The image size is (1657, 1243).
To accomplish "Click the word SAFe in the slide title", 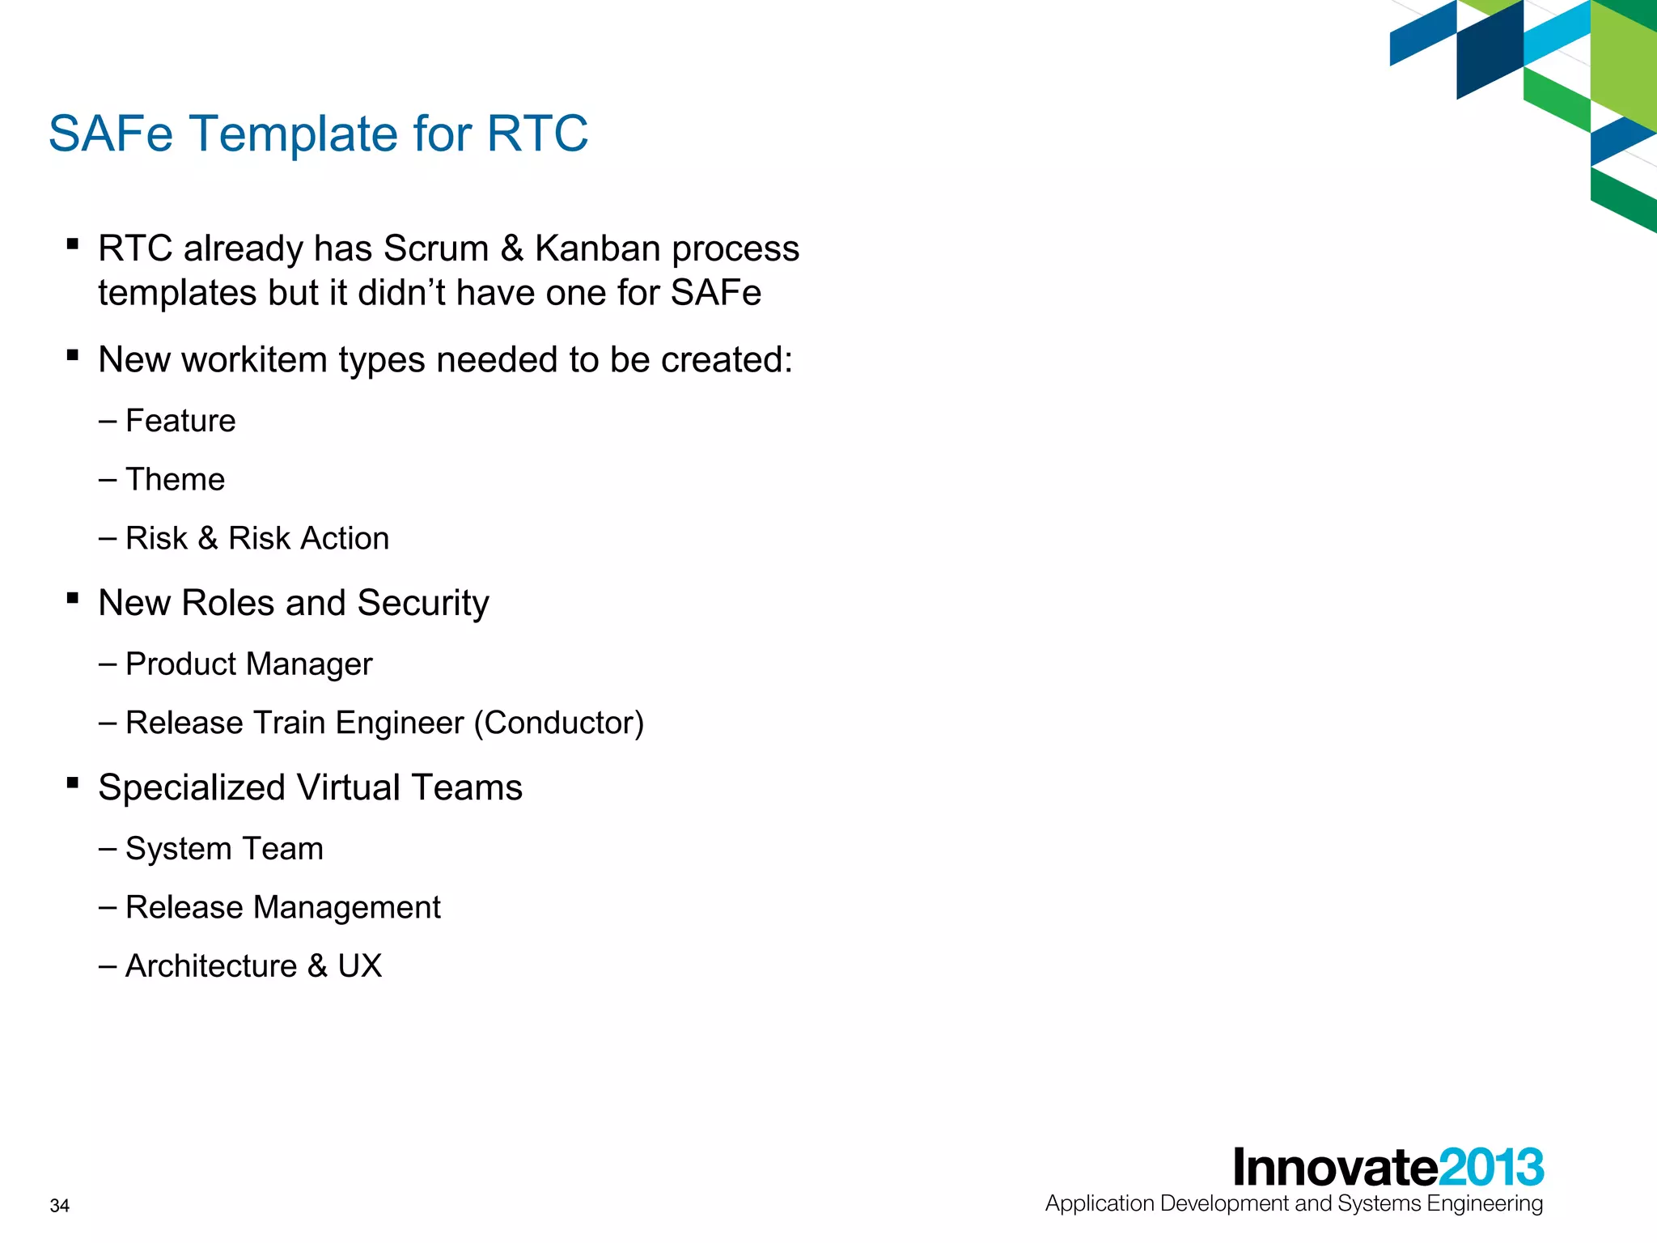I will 111,134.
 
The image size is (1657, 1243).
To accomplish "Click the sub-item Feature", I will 180,421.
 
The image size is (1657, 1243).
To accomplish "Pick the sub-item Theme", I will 175,480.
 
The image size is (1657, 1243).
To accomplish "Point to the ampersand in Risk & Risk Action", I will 207,539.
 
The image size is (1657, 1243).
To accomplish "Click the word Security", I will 423,604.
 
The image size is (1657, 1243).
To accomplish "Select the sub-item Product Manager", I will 248,664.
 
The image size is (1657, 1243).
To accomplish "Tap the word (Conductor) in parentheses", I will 558,723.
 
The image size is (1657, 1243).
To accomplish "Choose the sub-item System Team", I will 224,849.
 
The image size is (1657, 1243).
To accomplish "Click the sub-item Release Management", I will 282,908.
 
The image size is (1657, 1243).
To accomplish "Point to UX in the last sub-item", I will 359,966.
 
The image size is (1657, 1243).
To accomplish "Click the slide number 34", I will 60,1206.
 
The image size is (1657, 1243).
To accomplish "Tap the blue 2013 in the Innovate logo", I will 1491,1168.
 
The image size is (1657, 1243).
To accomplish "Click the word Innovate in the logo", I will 1335,1168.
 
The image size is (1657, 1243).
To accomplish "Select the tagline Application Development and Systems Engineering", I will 1294,1204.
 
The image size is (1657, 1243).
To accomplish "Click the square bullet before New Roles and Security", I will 73,599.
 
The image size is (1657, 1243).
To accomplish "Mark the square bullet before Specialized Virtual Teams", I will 73,783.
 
